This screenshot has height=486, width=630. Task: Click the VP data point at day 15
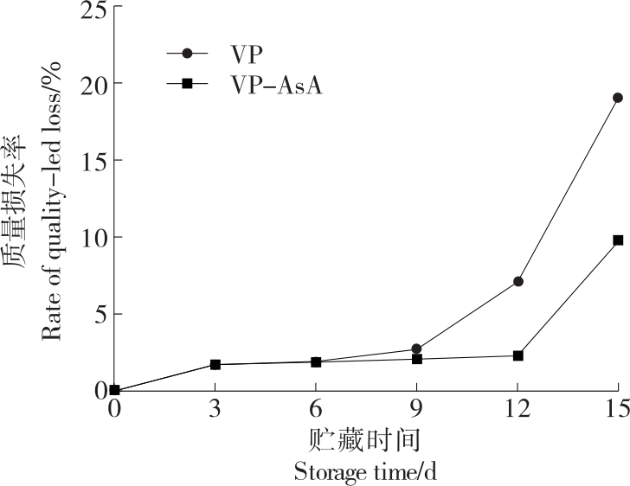click(617, 98)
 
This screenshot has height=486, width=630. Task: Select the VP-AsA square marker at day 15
click(618, 240)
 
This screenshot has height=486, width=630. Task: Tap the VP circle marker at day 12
click(517, 281)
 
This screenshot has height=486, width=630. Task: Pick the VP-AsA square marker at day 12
click(517, 355)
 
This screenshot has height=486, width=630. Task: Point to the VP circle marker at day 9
click(416, 349)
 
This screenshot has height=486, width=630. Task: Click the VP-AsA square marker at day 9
click(416, 359)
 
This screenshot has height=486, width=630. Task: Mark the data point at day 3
click(215, 364)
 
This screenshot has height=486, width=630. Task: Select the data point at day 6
click(316, 361)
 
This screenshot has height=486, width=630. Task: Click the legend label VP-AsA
click(276, 85)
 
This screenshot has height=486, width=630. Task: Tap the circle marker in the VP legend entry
click(187, 53)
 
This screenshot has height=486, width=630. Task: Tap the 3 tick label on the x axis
click(215, 408)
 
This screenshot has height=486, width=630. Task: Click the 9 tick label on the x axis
click(416, 408)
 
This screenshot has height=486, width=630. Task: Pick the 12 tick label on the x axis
click(517, 408)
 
